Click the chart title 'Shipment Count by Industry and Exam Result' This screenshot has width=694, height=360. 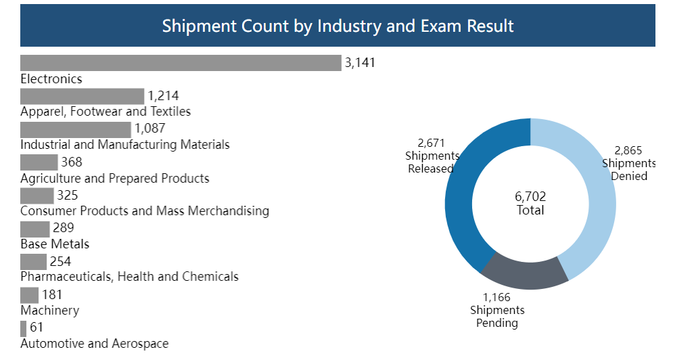click(x=338, y=26)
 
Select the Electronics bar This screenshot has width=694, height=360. click(x=181, y=63)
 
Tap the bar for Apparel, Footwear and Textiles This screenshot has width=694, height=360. click(x=82, y=96)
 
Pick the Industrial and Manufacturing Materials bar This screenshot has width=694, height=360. click(x=75, y=129)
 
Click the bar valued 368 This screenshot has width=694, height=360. click(x=39, y=162)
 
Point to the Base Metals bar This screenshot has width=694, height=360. click(x=34, y=229)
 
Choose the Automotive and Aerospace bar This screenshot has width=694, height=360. click(x=24, y=329)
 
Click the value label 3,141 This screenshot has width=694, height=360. click(x=360, y=63)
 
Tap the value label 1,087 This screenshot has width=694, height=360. click(x=149, y=129)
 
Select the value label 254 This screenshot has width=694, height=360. click(x=60, y=262)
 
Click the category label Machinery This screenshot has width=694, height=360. click(x=49, y=311)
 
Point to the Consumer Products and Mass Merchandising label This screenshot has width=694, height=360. click(x=145, y=211)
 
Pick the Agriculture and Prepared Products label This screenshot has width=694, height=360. click(x=115, y=179)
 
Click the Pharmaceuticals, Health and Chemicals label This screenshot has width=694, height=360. click(x=129, y=277)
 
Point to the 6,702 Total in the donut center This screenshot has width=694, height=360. click(x=530, y=203)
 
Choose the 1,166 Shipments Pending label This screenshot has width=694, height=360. click(x=497, y=310)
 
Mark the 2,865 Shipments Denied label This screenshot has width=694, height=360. click(x=628, y=163)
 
